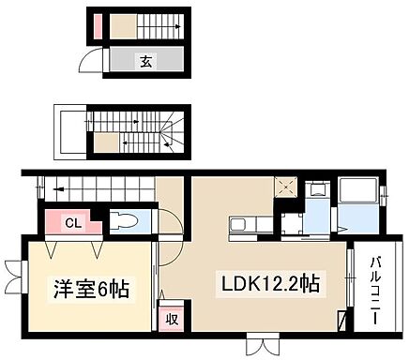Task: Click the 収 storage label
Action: [172, 318]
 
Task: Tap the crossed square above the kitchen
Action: [284, 187]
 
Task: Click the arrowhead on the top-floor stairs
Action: [177, 27]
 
